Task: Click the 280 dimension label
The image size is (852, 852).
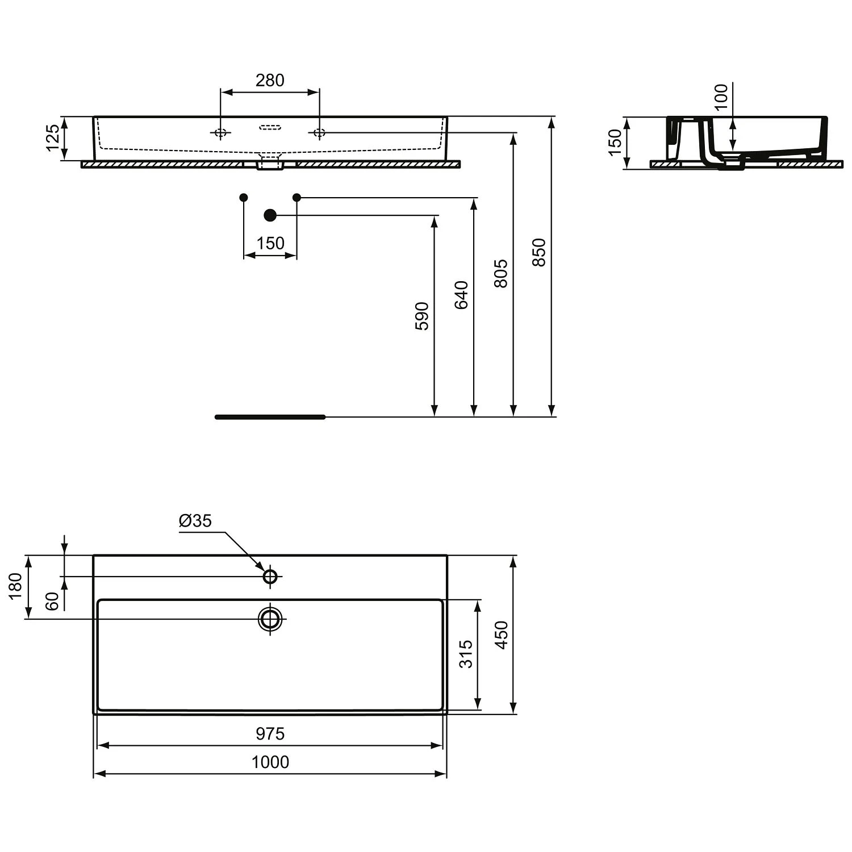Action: tap(269, 81)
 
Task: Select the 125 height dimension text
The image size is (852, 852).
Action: tap(53, 137)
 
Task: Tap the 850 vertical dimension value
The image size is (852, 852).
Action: tap(539, 252)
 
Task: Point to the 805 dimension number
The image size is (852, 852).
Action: tap(500, 273)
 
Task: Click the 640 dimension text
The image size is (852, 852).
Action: tap(462, 294)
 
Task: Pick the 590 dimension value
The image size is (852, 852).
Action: tap(423, 316)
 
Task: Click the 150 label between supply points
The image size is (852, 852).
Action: tap(270, 243)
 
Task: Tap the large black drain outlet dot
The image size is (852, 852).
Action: tap(270, 215)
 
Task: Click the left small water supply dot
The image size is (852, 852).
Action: tap(244, 197)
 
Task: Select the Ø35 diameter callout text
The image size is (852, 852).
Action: tap(195, 520)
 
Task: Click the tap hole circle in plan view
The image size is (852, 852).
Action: tap(270, 577)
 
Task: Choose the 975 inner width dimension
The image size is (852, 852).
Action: tap(270, 734)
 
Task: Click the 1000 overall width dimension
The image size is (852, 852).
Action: tap(270, 762)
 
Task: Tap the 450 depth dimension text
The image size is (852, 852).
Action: tap(501, 635)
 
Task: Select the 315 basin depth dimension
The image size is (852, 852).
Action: tap(466, 654)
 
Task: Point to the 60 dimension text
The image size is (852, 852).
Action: tap(52, 601)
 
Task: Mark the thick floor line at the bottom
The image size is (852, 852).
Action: tap(270, 417)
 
